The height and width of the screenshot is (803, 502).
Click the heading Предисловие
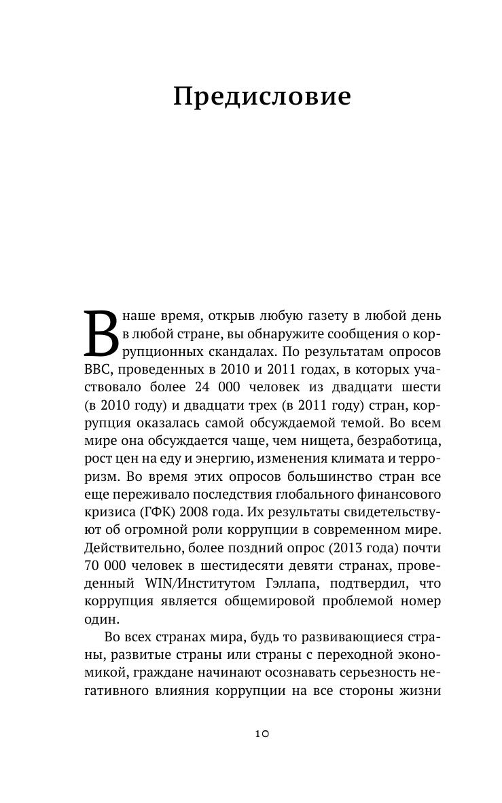[262, 97]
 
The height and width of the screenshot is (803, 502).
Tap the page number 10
[262, 733]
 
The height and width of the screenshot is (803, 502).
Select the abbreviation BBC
[98, 370]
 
